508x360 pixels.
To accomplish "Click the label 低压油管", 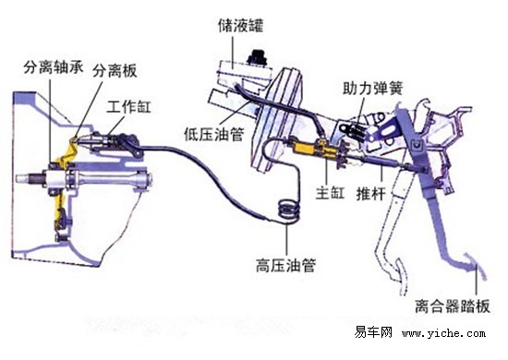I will (213, 134).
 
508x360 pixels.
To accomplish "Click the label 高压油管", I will (285, 263).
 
